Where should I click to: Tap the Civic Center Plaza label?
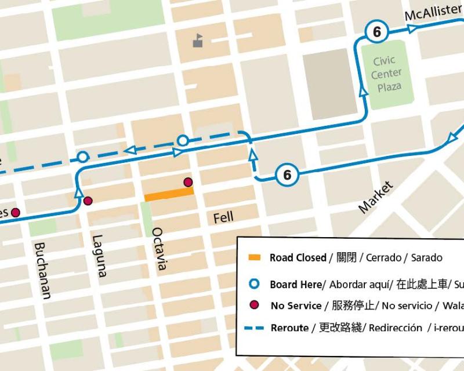(x=386, y=74)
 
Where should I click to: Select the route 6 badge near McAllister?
(x=377, y=32)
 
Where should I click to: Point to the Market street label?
(x=375, y=197)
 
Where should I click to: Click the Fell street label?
(x=223, y=217)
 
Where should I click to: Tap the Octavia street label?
(x=158, y=248)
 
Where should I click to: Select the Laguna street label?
(x=100, y=256)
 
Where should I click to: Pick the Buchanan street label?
(x=42, y=270)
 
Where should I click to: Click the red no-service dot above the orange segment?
(x=187, y=182)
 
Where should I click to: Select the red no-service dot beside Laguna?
(x=88, y=201)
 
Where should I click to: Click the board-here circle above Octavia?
(x=182, y=140)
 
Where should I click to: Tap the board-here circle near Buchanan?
(x=82, y=157)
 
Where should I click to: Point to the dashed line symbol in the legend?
(x=255, y=328)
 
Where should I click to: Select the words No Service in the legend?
(x=296, y=305)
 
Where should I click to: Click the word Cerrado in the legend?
(x=383, y=258)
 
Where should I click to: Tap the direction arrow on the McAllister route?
(x=411, y=29)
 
